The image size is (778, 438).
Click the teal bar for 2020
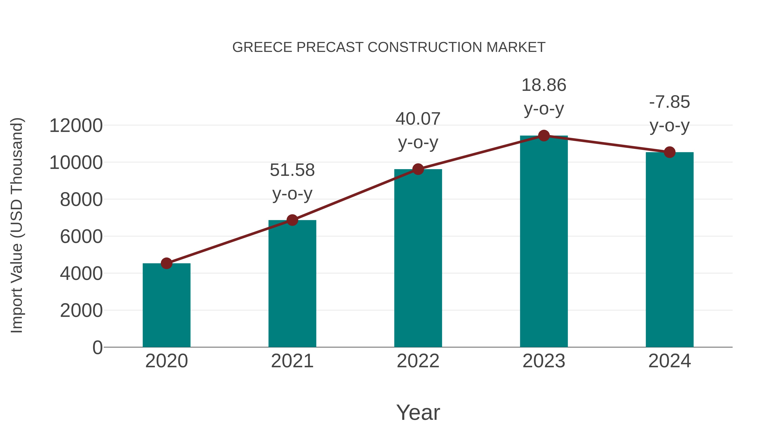click(x=166, y=305)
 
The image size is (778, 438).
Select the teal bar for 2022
click(x=418, y=258)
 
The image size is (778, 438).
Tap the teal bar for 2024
click(x=670, y=250)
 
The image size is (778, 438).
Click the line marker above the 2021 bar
click(x=292, y=220)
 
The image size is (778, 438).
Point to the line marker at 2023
click(x=544, y=136)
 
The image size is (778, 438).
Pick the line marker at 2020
click(x=166, y=263)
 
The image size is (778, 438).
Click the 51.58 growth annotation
click(x=292, y=181)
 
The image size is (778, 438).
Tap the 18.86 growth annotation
click(x=544, y=97)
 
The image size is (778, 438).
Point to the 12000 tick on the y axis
click(x=76, y=126)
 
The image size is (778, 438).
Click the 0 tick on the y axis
click(x=97, y=348)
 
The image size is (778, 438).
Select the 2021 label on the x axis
click(x=292, y=361)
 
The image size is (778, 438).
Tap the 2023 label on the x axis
click(x=544, y=361)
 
